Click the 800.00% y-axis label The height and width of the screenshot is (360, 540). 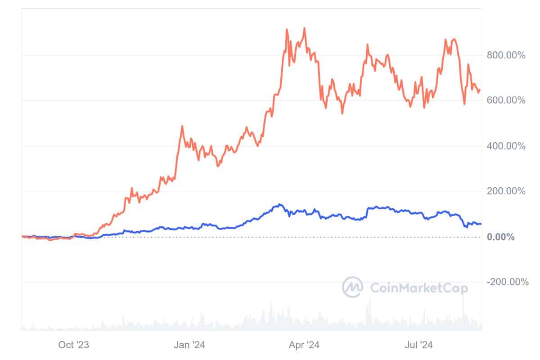click(x=506, y=55)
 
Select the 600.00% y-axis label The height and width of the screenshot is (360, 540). click(x=506, y=100)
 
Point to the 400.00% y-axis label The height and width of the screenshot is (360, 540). click(x=506, y=146)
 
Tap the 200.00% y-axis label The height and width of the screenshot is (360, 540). click(x=506, y=191)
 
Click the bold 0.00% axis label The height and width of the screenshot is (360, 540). click(x=501, y=237)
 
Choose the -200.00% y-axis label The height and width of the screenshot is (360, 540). click(x=508, y=282)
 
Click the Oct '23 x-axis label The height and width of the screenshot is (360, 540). click(x=74, y=345)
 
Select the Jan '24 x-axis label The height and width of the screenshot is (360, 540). click(x=189, y=345)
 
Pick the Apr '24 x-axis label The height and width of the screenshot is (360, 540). click(x=305, y=345)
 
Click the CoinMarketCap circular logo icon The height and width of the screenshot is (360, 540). click(x=353, y=287)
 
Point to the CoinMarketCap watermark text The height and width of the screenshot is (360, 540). click(x=418, y=288)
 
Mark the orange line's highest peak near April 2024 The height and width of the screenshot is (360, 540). click(x=305, y=28)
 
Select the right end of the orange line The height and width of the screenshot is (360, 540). click(x=480, y=90)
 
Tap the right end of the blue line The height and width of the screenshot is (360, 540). click(x=481, y=224)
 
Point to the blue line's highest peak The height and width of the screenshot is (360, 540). click(x=280, y=204)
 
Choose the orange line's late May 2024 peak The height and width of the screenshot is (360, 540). click(x=368, y=45)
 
